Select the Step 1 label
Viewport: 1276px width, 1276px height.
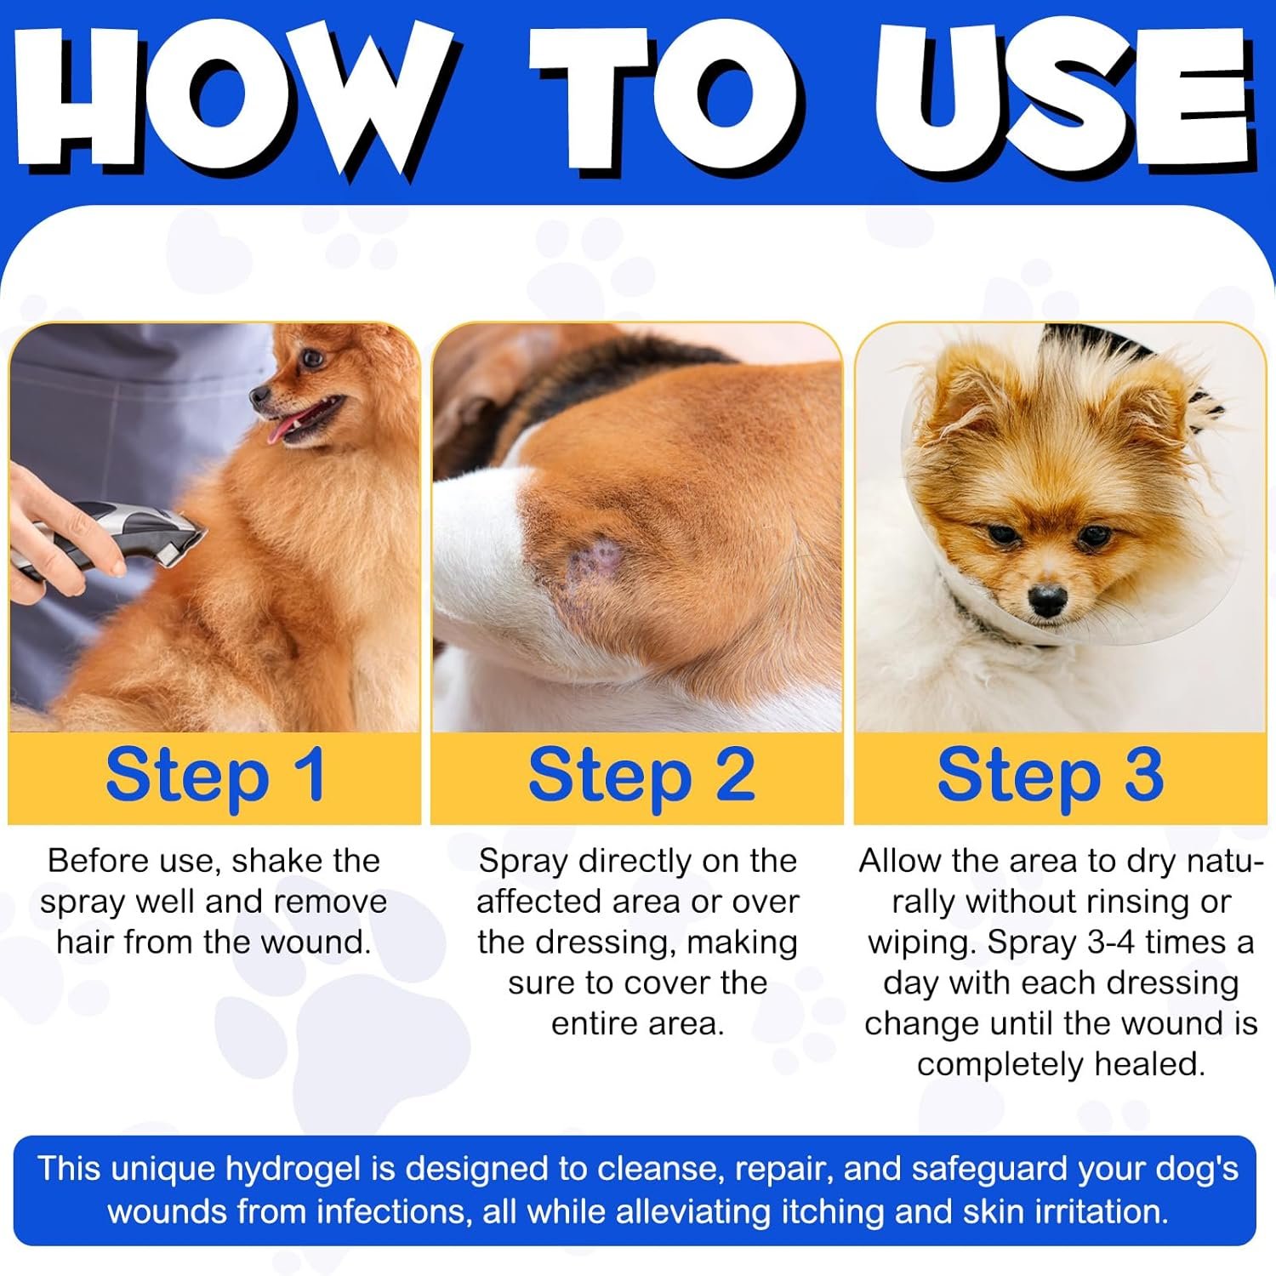(215, 776)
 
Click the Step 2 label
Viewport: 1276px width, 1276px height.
(641, 776)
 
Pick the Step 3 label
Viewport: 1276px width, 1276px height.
(1051, 776)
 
